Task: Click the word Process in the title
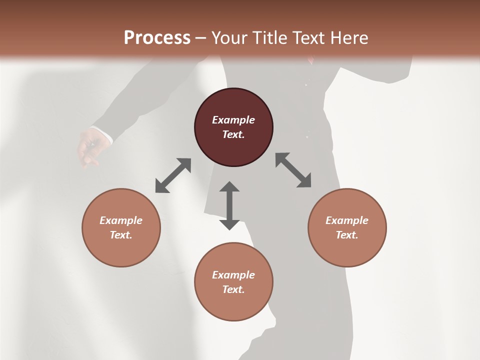point(157,37)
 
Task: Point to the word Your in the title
point(230,37)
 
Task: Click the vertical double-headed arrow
point(229,205)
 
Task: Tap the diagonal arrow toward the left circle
point(173,175)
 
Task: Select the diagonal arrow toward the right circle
point(293,170)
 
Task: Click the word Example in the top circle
point(233,120)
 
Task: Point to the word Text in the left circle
point(121,235)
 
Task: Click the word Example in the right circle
point(347,220)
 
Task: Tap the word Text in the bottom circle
point(233,289)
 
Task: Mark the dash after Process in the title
point(201,38)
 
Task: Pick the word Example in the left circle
point(121,220)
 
